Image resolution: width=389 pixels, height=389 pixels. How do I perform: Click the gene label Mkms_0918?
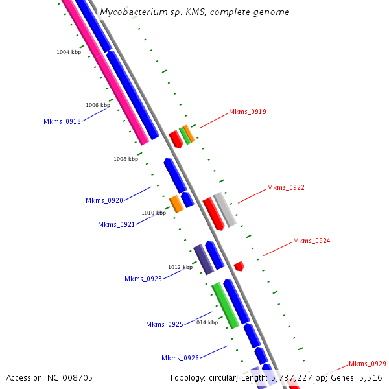click(x=62, y=121)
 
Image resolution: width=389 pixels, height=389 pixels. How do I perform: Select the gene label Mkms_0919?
click(x=248, y=112)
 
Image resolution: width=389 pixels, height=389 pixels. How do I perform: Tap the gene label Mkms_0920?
click(x=104, y=200)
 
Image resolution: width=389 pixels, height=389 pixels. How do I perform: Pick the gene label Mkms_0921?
click(x=117, y=224)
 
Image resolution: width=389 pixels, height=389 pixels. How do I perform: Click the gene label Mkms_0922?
click(x=286, y=187)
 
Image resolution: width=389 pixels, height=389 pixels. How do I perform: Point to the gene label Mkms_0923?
click(x=143, y=279)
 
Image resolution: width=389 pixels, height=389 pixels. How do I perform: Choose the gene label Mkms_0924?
click(x=312, y=241)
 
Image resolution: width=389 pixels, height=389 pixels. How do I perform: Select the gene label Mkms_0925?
click(x=165, y=324)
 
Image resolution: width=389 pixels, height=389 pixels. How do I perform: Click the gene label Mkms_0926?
click(x=180, y=358)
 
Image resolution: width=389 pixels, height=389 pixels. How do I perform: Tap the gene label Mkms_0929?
click(x=368, y=364)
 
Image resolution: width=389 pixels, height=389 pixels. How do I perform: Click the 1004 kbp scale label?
click(x=69, y=52)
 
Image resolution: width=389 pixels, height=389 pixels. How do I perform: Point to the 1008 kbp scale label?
click(x=126, y=159)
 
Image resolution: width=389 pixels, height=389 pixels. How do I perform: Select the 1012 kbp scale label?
click(x=180, y=267)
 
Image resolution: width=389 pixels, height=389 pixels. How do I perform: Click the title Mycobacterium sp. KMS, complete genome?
click(x=194, y=12)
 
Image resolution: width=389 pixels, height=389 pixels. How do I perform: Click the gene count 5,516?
click(x=368, y=377)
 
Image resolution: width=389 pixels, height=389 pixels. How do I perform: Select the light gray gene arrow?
click(x=225, y=209)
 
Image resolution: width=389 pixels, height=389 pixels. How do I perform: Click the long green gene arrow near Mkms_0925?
click(x=226, y=305)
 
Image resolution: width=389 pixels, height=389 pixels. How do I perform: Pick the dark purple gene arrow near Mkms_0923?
click(x=204, y=259)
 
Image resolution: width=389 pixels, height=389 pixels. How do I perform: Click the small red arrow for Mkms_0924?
click(x=239, y=266)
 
